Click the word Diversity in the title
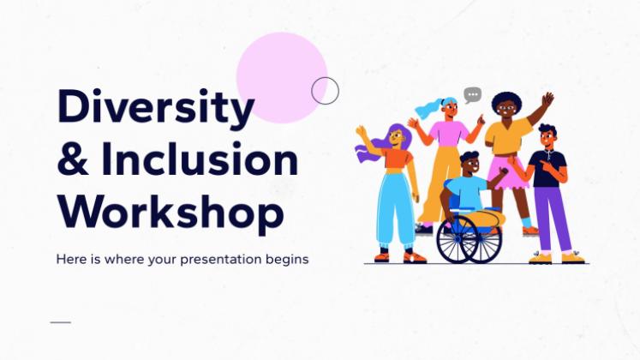click(156, 108)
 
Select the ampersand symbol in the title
click(73, 159)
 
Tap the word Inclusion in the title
click(200, 159)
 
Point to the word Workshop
click(170, 213)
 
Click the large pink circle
click(282, 77)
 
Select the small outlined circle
click(325, 90)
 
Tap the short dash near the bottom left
click(61, 322)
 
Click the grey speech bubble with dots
click(473, 95)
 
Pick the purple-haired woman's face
click(397, 137)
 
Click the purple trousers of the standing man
click(552, 219)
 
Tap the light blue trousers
click(395, 209)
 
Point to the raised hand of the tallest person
click(547, 99)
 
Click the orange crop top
click(398, 159)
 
